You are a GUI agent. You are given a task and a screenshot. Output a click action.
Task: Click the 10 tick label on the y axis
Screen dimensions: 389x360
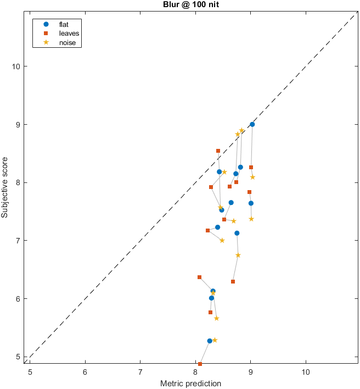tap(15, 66)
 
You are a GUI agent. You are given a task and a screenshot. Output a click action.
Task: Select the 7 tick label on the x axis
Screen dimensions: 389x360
tap(140, 372)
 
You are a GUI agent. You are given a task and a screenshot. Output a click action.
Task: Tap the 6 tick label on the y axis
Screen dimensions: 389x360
tap(18, 298)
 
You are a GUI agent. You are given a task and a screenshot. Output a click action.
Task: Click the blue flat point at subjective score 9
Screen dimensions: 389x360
tap(252, 124)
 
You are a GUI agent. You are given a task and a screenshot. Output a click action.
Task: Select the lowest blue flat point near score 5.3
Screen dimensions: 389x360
tap(210, 341)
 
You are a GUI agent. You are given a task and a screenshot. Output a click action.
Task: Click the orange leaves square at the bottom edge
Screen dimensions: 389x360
tap(200, 364)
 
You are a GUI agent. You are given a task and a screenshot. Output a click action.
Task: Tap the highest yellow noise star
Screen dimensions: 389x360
tap(241, 130)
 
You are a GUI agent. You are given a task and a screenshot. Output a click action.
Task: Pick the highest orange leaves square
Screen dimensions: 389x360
tap(218, 151)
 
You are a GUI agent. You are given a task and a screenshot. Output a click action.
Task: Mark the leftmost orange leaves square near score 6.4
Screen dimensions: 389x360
tap(199, 277)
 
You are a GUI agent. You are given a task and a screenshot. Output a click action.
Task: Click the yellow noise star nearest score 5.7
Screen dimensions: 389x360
tap(217, 318)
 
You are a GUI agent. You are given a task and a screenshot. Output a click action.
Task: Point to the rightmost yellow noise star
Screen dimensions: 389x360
tap(252, 177)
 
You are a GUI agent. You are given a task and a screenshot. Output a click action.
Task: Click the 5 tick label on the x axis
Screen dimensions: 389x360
tap(30, 372)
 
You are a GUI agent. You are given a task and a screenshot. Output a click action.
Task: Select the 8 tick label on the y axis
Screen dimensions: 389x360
tap(18, 182)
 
